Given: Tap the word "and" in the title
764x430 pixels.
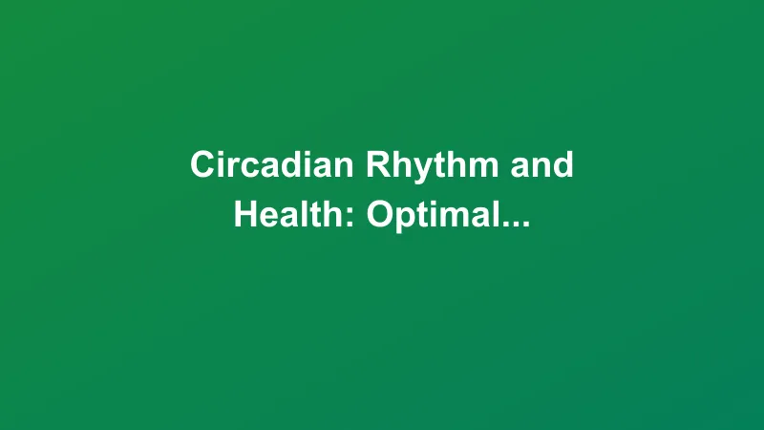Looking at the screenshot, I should coord(541,165).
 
